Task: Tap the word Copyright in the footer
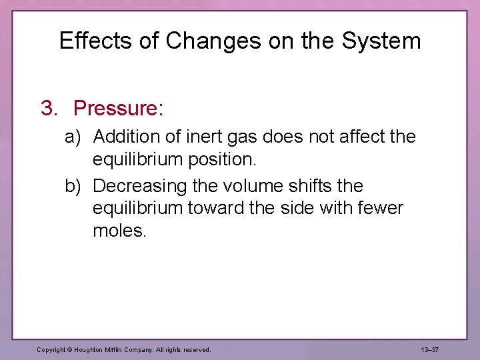click(53, 349)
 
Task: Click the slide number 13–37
click(430, 349)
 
